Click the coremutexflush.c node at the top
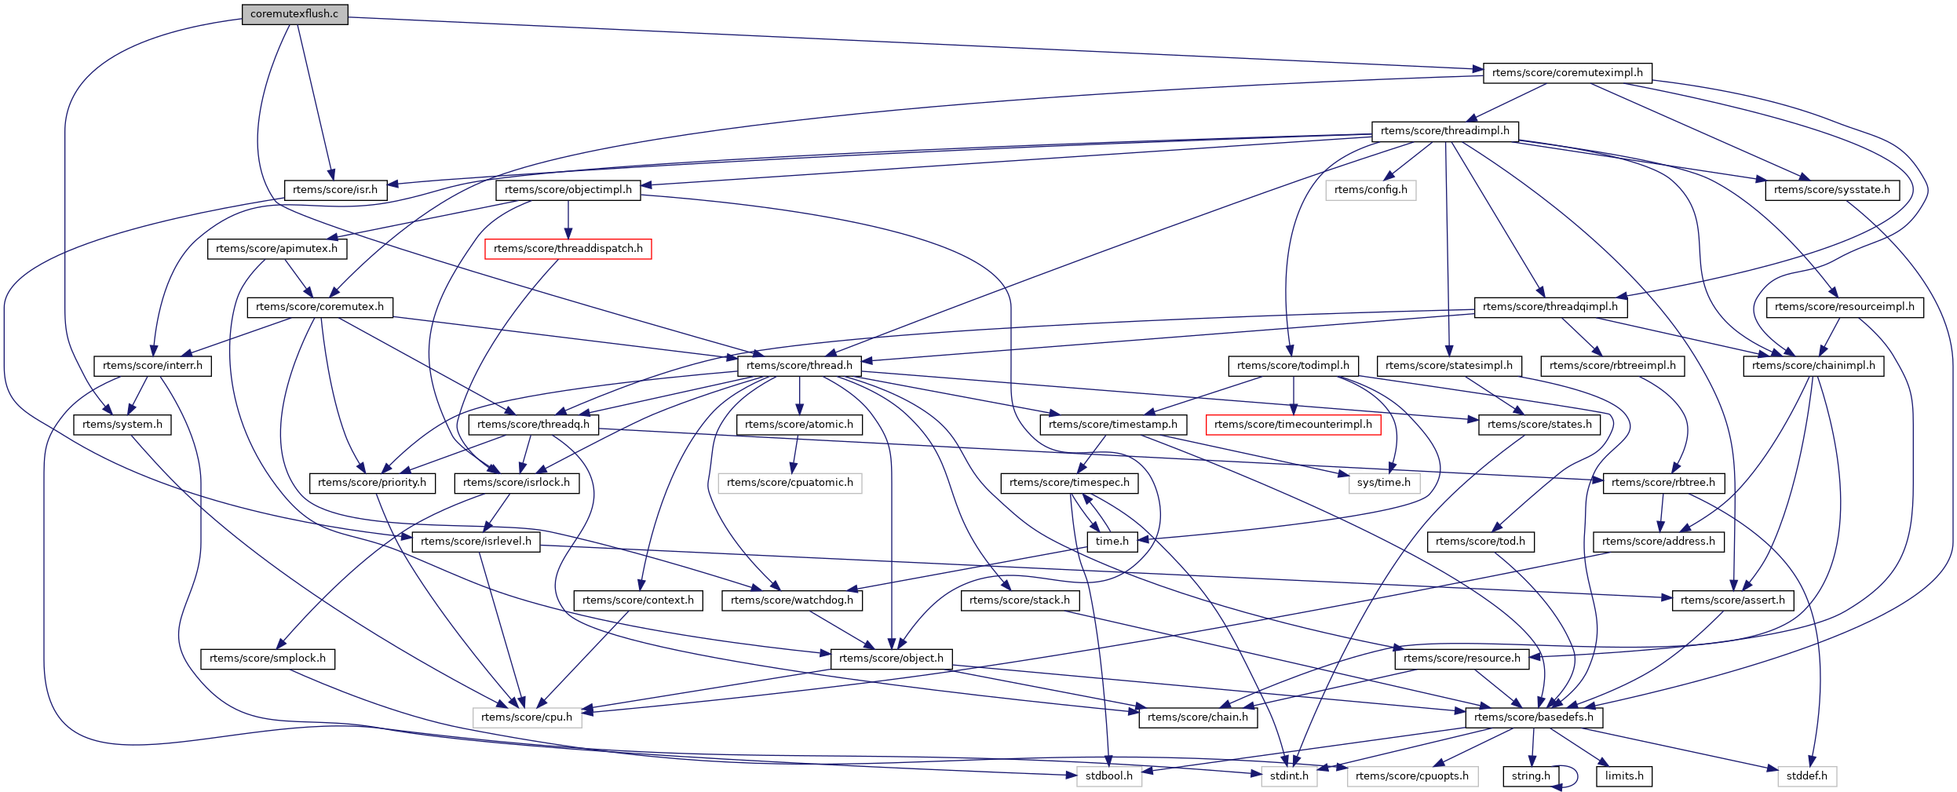[294, 14]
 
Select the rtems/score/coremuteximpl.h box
[1567, 73]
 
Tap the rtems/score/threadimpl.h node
[1444, 131]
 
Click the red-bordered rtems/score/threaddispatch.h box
[568, 249]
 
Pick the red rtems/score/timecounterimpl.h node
[1293, 425]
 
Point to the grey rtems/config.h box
[1371, 190]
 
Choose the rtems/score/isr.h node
[335, 190]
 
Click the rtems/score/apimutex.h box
[276, 249]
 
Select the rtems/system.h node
[122, 425]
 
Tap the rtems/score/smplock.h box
[268, 659]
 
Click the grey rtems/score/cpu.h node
[527, 717]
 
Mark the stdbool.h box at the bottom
[1108, 776]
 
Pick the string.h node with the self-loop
[1531, 776]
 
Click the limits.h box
[1624, 776]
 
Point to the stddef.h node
[1806, 776]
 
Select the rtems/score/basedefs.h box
[1534, 717]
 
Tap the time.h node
[1112, 542]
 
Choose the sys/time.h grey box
[1384, 483]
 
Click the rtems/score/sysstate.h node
[1832, 190]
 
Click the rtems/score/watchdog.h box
[791, 600]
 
